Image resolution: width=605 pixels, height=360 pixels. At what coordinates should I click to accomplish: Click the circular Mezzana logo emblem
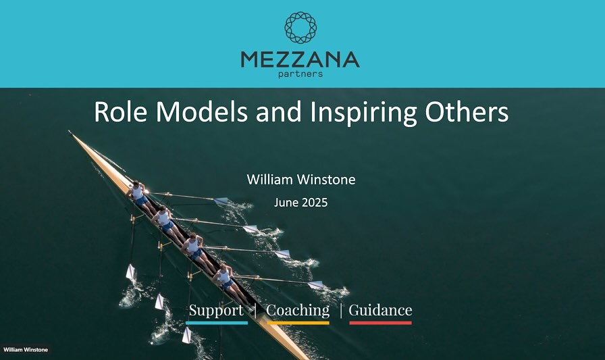click(300, 28)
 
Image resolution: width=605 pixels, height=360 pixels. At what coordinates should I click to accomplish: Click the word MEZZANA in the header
click(300, 59)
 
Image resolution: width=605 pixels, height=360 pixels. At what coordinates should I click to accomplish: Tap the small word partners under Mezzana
click(300, 74)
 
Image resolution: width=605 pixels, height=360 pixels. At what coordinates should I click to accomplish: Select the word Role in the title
click(120, 112)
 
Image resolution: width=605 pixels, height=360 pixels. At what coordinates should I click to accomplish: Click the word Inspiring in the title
click(363, 113)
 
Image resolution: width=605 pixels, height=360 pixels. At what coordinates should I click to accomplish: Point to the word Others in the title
click(467, 112)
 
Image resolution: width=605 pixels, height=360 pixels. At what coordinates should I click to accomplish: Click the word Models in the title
click(202, 112)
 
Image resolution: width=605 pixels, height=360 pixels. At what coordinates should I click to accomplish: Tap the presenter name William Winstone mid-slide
click(301, 180)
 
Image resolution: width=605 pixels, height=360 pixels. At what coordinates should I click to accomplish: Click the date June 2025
click(301, 203)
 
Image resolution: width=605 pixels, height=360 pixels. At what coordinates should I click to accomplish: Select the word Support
click(216, 310)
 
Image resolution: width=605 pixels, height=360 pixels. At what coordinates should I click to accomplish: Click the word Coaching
click(298, 311)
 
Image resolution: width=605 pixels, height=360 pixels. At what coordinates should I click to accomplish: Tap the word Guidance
click(380, 310)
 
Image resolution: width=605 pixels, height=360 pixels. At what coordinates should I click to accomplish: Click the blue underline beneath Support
click(217, 323)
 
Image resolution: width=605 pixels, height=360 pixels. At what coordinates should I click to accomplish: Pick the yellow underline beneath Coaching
click(298, 323)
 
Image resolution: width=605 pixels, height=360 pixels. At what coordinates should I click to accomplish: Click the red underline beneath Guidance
click(380, 323)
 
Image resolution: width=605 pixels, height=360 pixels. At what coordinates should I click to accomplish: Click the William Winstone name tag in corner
click(26, 350)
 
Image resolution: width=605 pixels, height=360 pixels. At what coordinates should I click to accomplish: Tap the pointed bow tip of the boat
click(70, 132)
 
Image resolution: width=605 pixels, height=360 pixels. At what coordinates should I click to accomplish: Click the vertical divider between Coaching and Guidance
click(341, 311)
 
